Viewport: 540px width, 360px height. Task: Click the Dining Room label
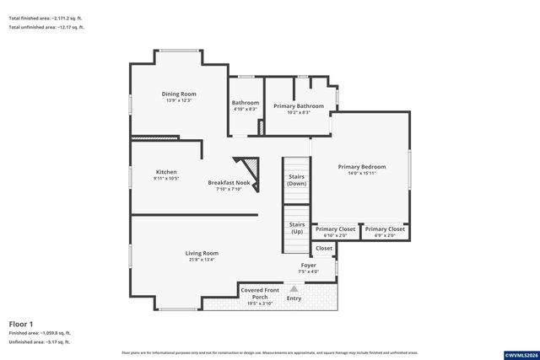pos(179,94)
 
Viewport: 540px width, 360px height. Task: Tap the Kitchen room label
pos(165,172)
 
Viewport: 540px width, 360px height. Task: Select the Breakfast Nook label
pos(229,183)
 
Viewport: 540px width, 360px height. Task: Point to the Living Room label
pos(202,253)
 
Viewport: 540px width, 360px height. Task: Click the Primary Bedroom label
pos(361,167)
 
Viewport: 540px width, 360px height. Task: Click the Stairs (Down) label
pos(296,180)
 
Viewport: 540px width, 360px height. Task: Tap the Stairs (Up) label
pos(297,228)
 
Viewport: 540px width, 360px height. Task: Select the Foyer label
pos(309,265)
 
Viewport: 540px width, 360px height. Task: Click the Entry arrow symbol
pos(294,289)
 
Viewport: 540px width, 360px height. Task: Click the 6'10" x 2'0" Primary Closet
pos(335,229)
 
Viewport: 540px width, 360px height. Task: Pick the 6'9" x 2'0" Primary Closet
pos(385,229)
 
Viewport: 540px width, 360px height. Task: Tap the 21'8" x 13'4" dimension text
pos(202,260)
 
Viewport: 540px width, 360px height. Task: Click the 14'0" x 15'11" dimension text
pos(361,174)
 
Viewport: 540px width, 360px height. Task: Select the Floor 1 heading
pos(21,324)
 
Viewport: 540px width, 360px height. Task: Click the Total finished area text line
pos(46,16)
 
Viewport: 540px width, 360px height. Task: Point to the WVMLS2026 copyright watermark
pos(517,355)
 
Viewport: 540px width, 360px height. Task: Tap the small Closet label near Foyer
pos(324,249)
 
